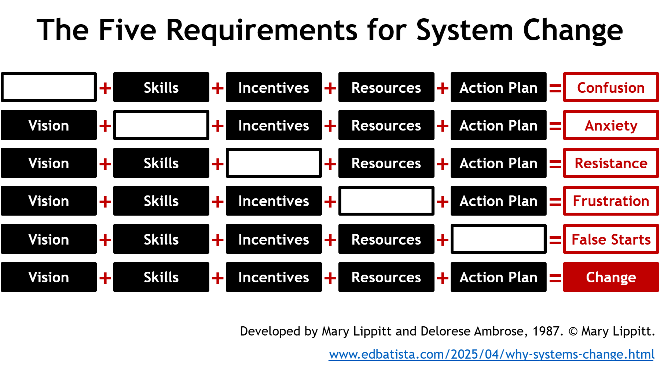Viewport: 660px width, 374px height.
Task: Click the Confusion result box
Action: [x=611, y=87]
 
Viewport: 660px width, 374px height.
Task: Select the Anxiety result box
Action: [x=611, y=125]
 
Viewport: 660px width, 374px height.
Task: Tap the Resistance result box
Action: [x=611, y=163]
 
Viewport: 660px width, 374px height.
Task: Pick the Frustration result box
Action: [x=611, y=201]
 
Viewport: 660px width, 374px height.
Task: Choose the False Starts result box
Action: [x=611, y=239]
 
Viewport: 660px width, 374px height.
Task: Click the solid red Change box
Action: [x=611, y=277]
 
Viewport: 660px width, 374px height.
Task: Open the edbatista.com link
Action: [x=491, y=354]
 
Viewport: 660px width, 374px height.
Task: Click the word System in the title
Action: [x=465, y=30]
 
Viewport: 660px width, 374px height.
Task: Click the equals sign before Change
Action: [x=555, y=278]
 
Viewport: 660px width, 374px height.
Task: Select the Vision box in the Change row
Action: [x=49, y=277]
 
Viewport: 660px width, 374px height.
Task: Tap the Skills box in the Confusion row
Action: [x=161, y=87]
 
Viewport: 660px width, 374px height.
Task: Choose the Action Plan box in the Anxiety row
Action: [x=499, y=125]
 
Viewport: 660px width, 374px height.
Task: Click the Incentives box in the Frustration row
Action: [x=274, y=201]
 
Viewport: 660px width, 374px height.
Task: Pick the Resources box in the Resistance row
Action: [x=386, y=163]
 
